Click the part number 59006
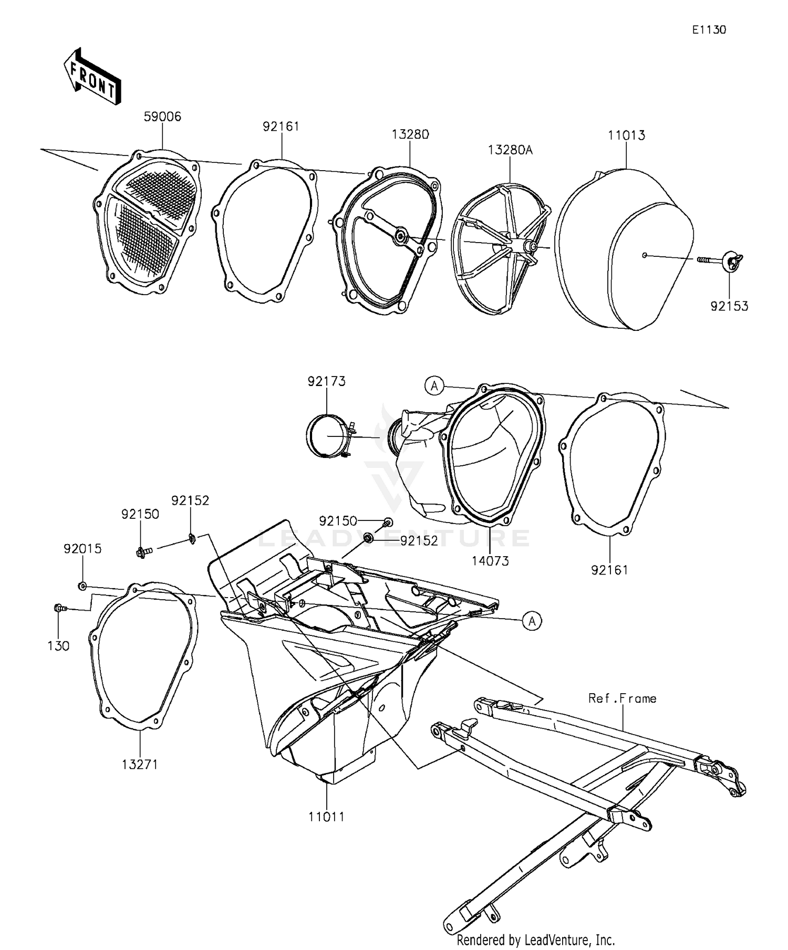[162, 117]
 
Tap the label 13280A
[510, 150]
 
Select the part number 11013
[626, 135]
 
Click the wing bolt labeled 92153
[730, 261]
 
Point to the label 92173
[326, 381]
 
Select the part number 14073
[490, 561]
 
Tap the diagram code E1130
[708, 30]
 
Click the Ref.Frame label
[622, 698]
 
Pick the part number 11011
[326, 817]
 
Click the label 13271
[140, 765]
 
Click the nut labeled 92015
[82, 586]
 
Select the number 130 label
[58, 646]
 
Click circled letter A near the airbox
[532, 621]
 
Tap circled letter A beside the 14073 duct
[434, 386]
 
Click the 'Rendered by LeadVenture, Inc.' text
[535, 939]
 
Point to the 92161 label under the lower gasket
[609, 570]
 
